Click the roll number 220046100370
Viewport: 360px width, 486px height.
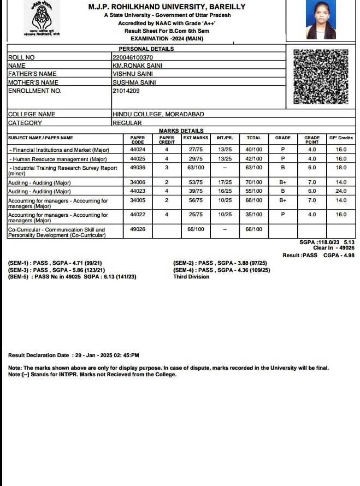[x=133, y=57]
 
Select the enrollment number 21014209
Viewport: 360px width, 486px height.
[x=126, y=91]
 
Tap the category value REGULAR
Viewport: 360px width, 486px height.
[x=127, y=123]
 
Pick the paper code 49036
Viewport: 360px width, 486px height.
[x=138, y=168]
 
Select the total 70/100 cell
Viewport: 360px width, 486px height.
[x=254, y=182]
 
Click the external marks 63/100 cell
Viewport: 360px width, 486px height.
[x=196, y=168]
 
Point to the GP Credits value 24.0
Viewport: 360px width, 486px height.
[x=341, y=191]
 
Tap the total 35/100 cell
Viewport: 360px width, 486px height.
[x=254, y=215]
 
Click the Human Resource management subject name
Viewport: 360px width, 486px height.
[x=60, y=159]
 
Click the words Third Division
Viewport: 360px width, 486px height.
[x=191, y=277]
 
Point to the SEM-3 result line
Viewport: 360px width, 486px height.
[x=57, y=270]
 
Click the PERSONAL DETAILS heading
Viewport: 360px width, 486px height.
[x=146, y=49]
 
